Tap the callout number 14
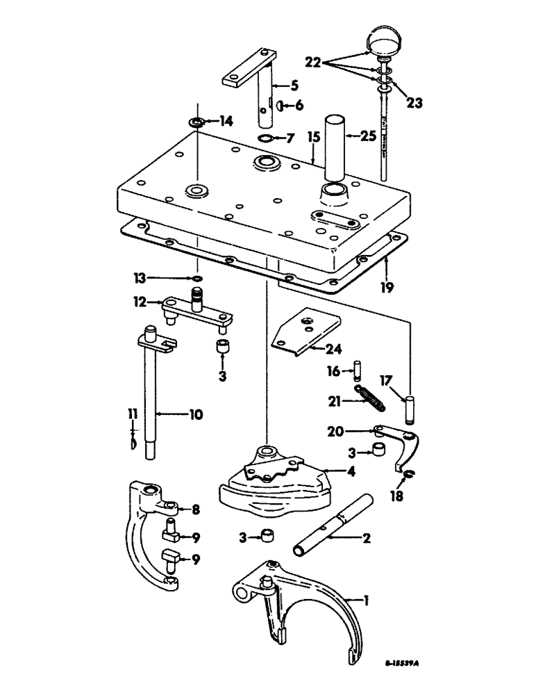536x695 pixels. click(226, 121)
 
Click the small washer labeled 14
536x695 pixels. click(196, 123)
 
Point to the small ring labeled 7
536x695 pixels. click(265, 138)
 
